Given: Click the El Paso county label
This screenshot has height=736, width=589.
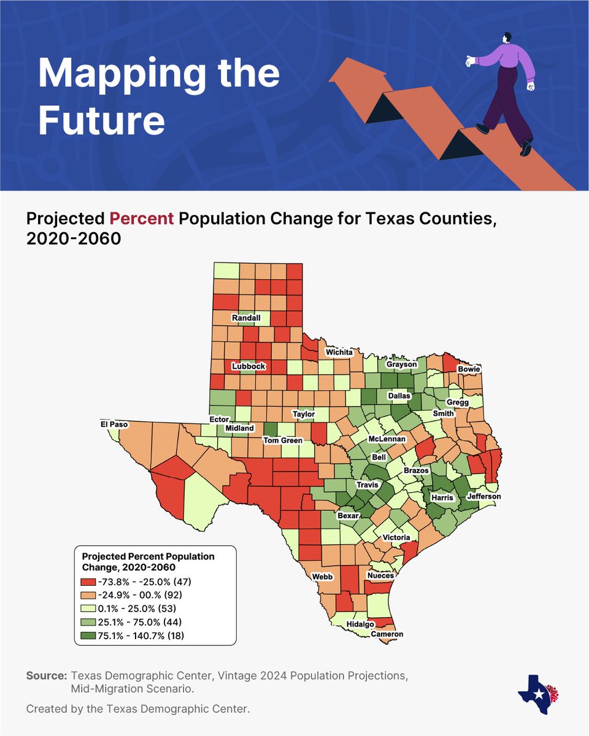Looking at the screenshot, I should coord(115,424).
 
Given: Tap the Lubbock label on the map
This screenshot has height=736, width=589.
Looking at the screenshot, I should coord(248,366).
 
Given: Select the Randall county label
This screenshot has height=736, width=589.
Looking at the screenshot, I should coord(246,318).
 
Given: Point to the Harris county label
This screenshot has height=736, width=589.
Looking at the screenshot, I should coord(442,497).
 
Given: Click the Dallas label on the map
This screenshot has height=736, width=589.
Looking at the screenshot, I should coord(399,396).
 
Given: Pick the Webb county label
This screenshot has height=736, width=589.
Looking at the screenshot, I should coord(322,577).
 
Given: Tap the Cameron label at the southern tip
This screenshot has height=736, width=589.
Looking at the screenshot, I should coord(387,634).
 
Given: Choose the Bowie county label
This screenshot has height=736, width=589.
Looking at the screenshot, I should coord(469,369).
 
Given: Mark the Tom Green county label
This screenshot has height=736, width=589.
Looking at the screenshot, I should coord(283,440).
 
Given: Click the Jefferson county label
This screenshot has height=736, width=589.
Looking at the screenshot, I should coord(484,496).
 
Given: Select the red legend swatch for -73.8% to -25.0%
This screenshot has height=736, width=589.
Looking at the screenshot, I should coord(90,581).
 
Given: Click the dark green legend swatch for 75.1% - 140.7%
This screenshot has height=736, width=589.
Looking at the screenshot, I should coord(90,636).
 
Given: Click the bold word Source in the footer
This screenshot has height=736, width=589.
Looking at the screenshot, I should coord(46,675).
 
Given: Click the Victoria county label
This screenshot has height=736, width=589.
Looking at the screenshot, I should coord(396,537).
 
